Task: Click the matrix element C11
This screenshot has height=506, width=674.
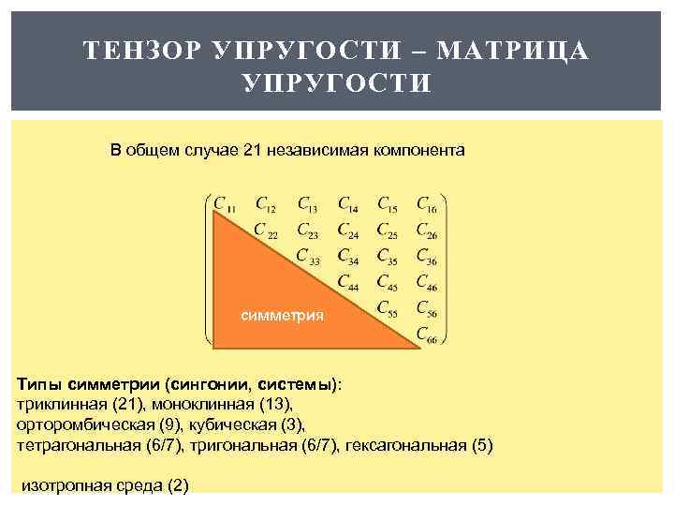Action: click(x=225, y=203)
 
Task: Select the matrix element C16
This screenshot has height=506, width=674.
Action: click(x=426, y=203)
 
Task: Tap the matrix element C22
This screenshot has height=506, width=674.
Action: click(x=266, y=230)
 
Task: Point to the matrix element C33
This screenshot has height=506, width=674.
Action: click(x=307, y=255)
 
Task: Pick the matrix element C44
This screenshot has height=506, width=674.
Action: click(x=346, y=280)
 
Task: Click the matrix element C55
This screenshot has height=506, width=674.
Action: click(x=387, y=306)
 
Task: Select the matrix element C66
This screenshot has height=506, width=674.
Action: click(x=426, y=333)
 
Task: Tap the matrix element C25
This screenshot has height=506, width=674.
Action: click(x=387, y=230)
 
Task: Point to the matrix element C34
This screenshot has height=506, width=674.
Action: click(x=346, y=255)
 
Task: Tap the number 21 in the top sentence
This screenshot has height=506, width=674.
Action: click(x=252, y=150)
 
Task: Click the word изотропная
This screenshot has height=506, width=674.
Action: click(x=62, y=484)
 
